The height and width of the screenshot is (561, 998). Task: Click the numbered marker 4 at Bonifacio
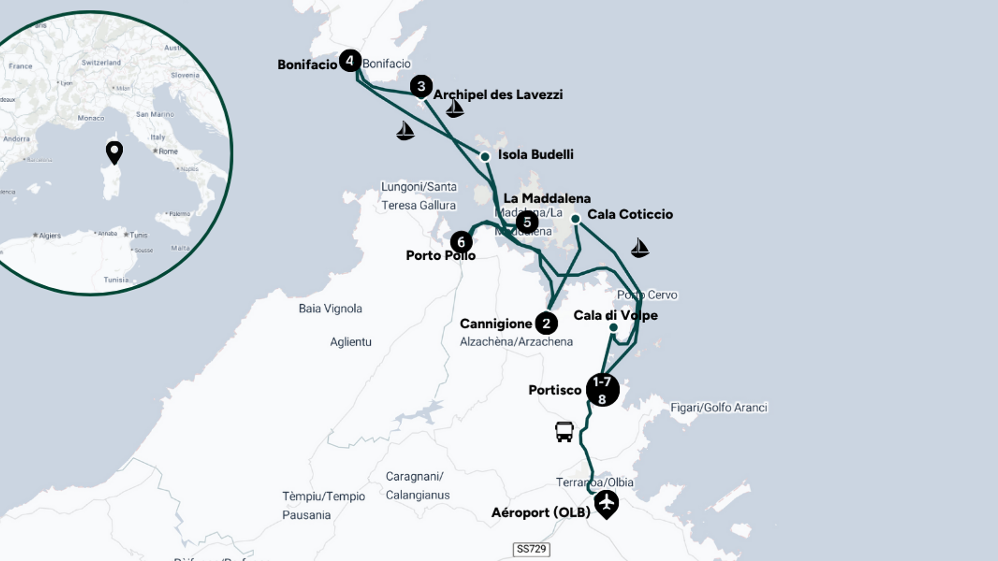click(350, 61)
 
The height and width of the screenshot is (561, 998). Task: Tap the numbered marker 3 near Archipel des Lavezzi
click(421, 86)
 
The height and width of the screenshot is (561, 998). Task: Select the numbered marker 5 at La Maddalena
click(527, 222)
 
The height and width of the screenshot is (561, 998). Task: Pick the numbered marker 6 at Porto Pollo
click(461, 242)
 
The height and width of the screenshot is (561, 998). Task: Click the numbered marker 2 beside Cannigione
click(546, 324)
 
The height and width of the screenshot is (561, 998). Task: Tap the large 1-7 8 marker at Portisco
click(602, 390)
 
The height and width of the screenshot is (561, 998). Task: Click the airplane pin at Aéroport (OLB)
click(606, 503)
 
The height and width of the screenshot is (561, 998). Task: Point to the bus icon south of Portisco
click(564, 432)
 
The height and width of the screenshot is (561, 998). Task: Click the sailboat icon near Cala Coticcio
click(640, 248)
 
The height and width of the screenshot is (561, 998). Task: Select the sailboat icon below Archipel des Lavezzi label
click(454, 108)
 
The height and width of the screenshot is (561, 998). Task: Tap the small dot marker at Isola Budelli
click(485, 157)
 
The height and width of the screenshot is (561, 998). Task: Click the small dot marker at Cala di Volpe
click(613, 328)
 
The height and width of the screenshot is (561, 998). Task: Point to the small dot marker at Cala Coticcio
click(575, 219)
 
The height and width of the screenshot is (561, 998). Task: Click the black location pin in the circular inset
click(114, 152)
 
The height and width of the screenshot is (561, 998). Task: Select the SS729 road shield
click(531, 549)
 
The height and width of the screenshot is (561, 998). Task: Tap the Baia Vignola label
click(330, 309)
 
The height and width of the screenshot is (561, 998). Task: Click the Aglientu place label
click(351, 342)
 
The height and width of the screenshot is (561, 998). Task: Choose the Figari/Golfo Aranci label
click(718, 408)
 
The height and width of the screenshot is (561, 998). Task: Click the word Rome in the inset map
click(168, 151)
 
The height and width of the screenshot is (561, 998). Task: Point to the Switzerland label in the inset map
click(101, 63)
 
